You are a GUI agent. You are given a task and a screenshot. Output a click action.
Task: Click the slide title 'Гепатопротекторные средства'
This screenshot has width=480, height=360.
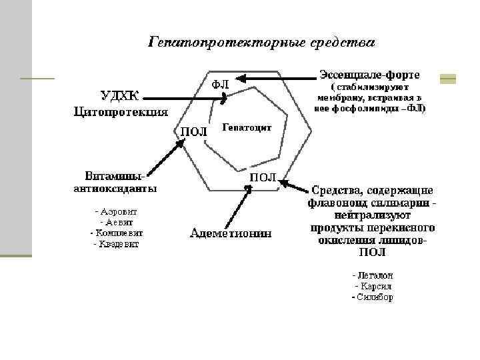(x=261, y=43)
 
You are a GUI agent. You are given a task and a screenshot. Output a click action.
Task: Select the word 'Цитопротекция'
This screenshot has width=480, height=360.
(x=121, y=111)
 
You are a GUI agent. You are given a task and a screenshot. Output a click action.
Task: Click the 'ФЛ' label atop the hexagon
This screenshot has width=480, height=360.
(x=221, y=85)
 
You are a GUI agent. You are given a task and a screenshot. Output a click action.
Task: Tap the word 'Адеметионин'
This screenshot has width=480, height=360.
(x=231, y=233)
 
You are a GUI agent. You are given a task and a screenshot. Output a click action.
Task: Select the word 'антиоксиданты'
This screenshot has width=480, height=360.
(x=115, y=189)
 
